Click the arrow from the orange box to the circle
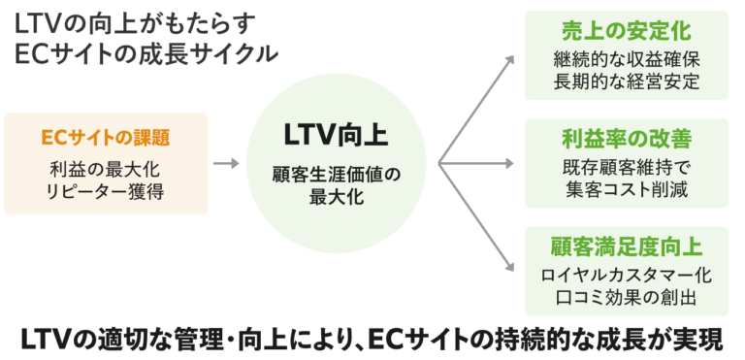[226, 163]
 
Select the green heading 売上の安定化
[627, 29]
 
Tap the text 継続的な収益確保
[627, 56]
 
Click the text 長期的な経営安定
[627, 80]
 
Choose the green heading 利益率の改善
[627, 138]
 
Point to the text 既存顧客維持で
[627, 165]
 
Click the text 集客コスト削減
[627, 189]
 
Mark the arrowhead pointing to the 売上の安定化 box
[510, 59]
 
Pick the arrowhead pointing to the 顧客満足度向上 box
[510, 269]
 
